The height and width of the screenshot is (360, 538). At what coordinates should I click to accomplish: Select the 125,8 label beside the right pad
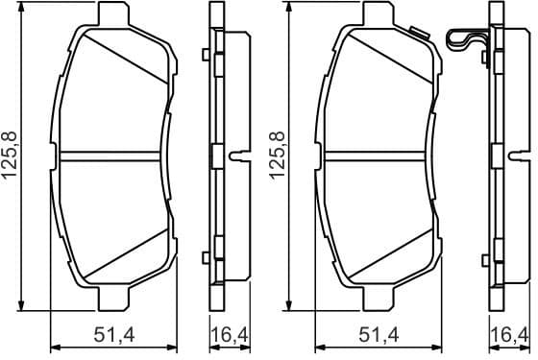pos(275,156)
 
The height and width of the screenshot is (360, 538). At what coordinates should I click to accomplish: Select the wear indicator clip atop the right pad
pos(468,41)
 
